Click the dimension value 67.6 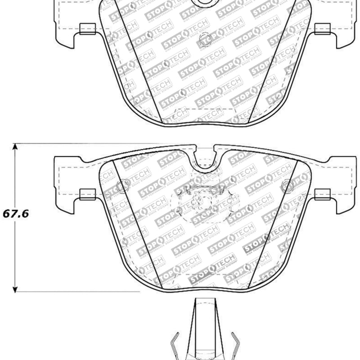click(16, 214)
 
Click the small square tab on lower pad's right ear click(322, 194)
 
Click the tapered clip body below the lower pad click(205, 328)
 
